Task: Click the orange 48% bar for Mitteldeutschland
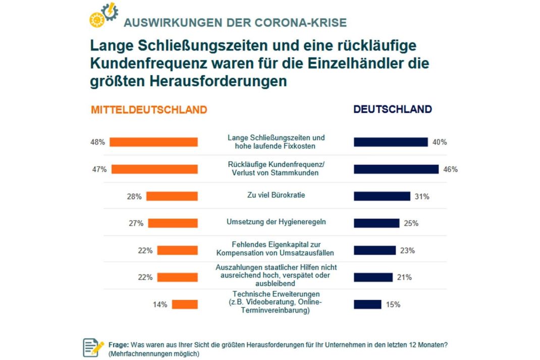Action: (153, 142)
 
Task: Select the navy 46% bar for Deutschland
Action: (396, 169)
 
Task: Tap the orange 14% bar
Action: (185, 304)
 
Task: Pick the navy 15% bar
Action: (367, 304)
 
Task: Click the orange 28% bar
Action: (172, 196)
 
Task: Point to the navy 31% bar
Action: (382, 196)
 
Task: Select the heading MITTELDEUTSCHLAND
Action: (149, 110)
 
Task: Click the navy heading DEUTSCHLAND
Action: (393, 110)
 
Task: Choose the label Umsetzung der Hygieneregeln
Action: (276, 223)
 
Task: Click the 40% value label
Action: (440, 142)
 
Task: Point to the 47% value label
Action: (99, 169)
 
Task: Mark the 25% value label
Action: (411, 223)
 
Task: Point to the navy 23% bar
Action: (375, 250)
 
